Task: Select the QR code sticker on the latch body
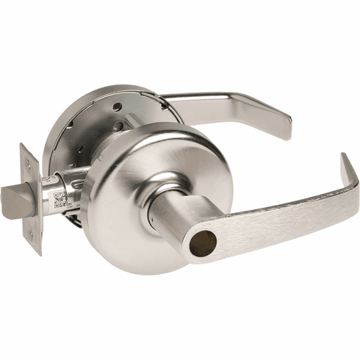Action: [62, 199]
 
